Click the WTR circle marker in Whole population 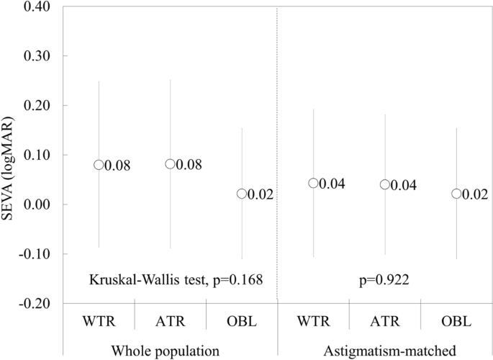[x=99, y=165]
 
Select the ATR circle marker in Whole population [x=170, y=164]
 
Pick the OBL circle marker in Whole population [x=242, y=194]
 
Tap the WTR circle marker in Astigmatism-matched [x=313, y=184]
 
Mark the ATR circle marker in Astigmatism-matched [x=384, y=184]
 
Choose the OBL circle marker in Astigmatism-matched [x=456, y=194]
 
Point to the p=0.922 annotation [x=384, y=279]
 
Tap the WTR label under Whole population [x=99, y=320]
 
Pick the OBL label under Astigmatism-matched [x=456, y=320]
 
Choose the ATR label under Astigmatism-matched [x=384, y=320]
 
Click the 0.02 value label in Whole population [x=260, y=194]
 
